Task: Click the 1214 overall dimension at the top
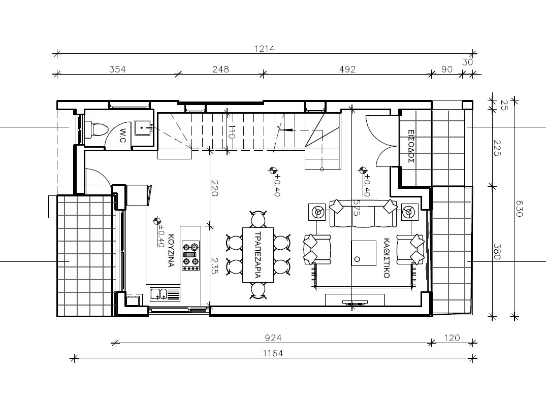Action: (265, 49)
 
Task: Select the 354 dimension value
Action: (117, 69)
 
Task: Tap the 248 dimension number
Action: (221, 69)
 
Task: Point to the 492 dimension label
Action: (347, 69)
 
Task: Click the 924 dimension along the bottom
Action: (273, 338)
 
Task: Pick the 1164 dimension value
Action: (273, 354)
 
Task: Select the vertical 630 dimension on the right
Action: (519, 209)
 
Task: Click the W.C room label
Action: (123, 136)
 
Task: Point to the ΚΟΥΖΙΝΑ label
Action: (171, 250)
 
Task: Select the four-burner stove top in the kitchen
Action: (191, 255)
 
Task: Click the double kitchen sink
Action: (165, 294)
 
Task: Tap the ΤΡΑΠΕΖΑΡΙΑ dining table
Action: (258, 255)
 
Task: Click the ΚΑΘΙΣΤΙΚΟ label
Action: (386, 258)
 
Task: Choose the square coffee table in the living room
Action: (364, 253)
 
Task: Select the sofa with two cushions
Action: (363, 213)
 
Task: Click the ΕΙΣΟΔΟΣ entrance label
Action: (411, 147)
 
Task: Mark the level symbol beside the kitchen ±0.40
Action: (157, 221)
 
